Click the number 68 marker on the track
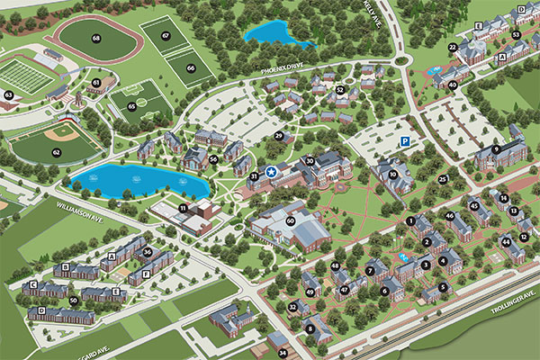[x=96, y=38]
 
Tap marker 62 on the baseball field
[x=56, y=152]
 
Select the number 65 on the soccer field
[x=131, y=106]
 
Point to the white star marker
[x=271, y=171]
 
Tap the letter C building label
[x=33, y=284]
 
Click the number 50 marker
[x=73, y=300]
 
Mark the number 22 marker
[x=452, y=47]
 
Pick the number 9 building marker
[x=496, y=148]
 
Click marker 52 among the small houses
[x=340, y=89]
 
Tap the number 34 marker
[x=282, y=352]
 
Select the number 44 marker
[x=506, y=240]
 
